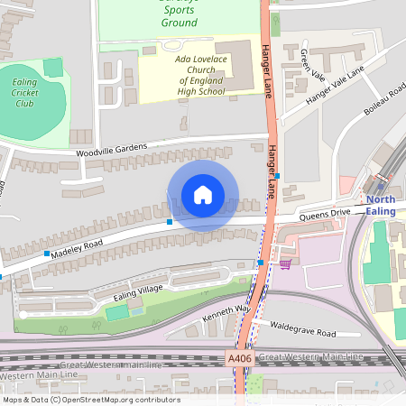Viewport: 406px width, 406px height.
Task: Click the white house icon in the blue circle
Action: (x=203, y=195)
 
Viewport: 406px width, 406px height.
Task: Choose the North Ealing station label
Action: (x=380, y=205)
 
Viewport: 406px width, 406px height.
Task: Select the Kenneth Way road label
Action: (x=226, y=313)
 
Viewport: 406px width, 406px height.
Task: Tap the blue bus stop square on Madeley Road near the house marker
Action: (x=170, y=221)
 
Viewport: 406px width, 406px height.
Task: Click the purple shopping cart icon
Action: (x=286, y=263)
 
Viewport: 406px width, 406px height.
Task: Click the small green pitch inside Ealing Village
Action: (x=116, y=312)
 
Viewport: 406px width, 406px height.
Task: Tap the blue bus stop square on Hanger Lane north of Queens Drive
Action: (x=277, y=176)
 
